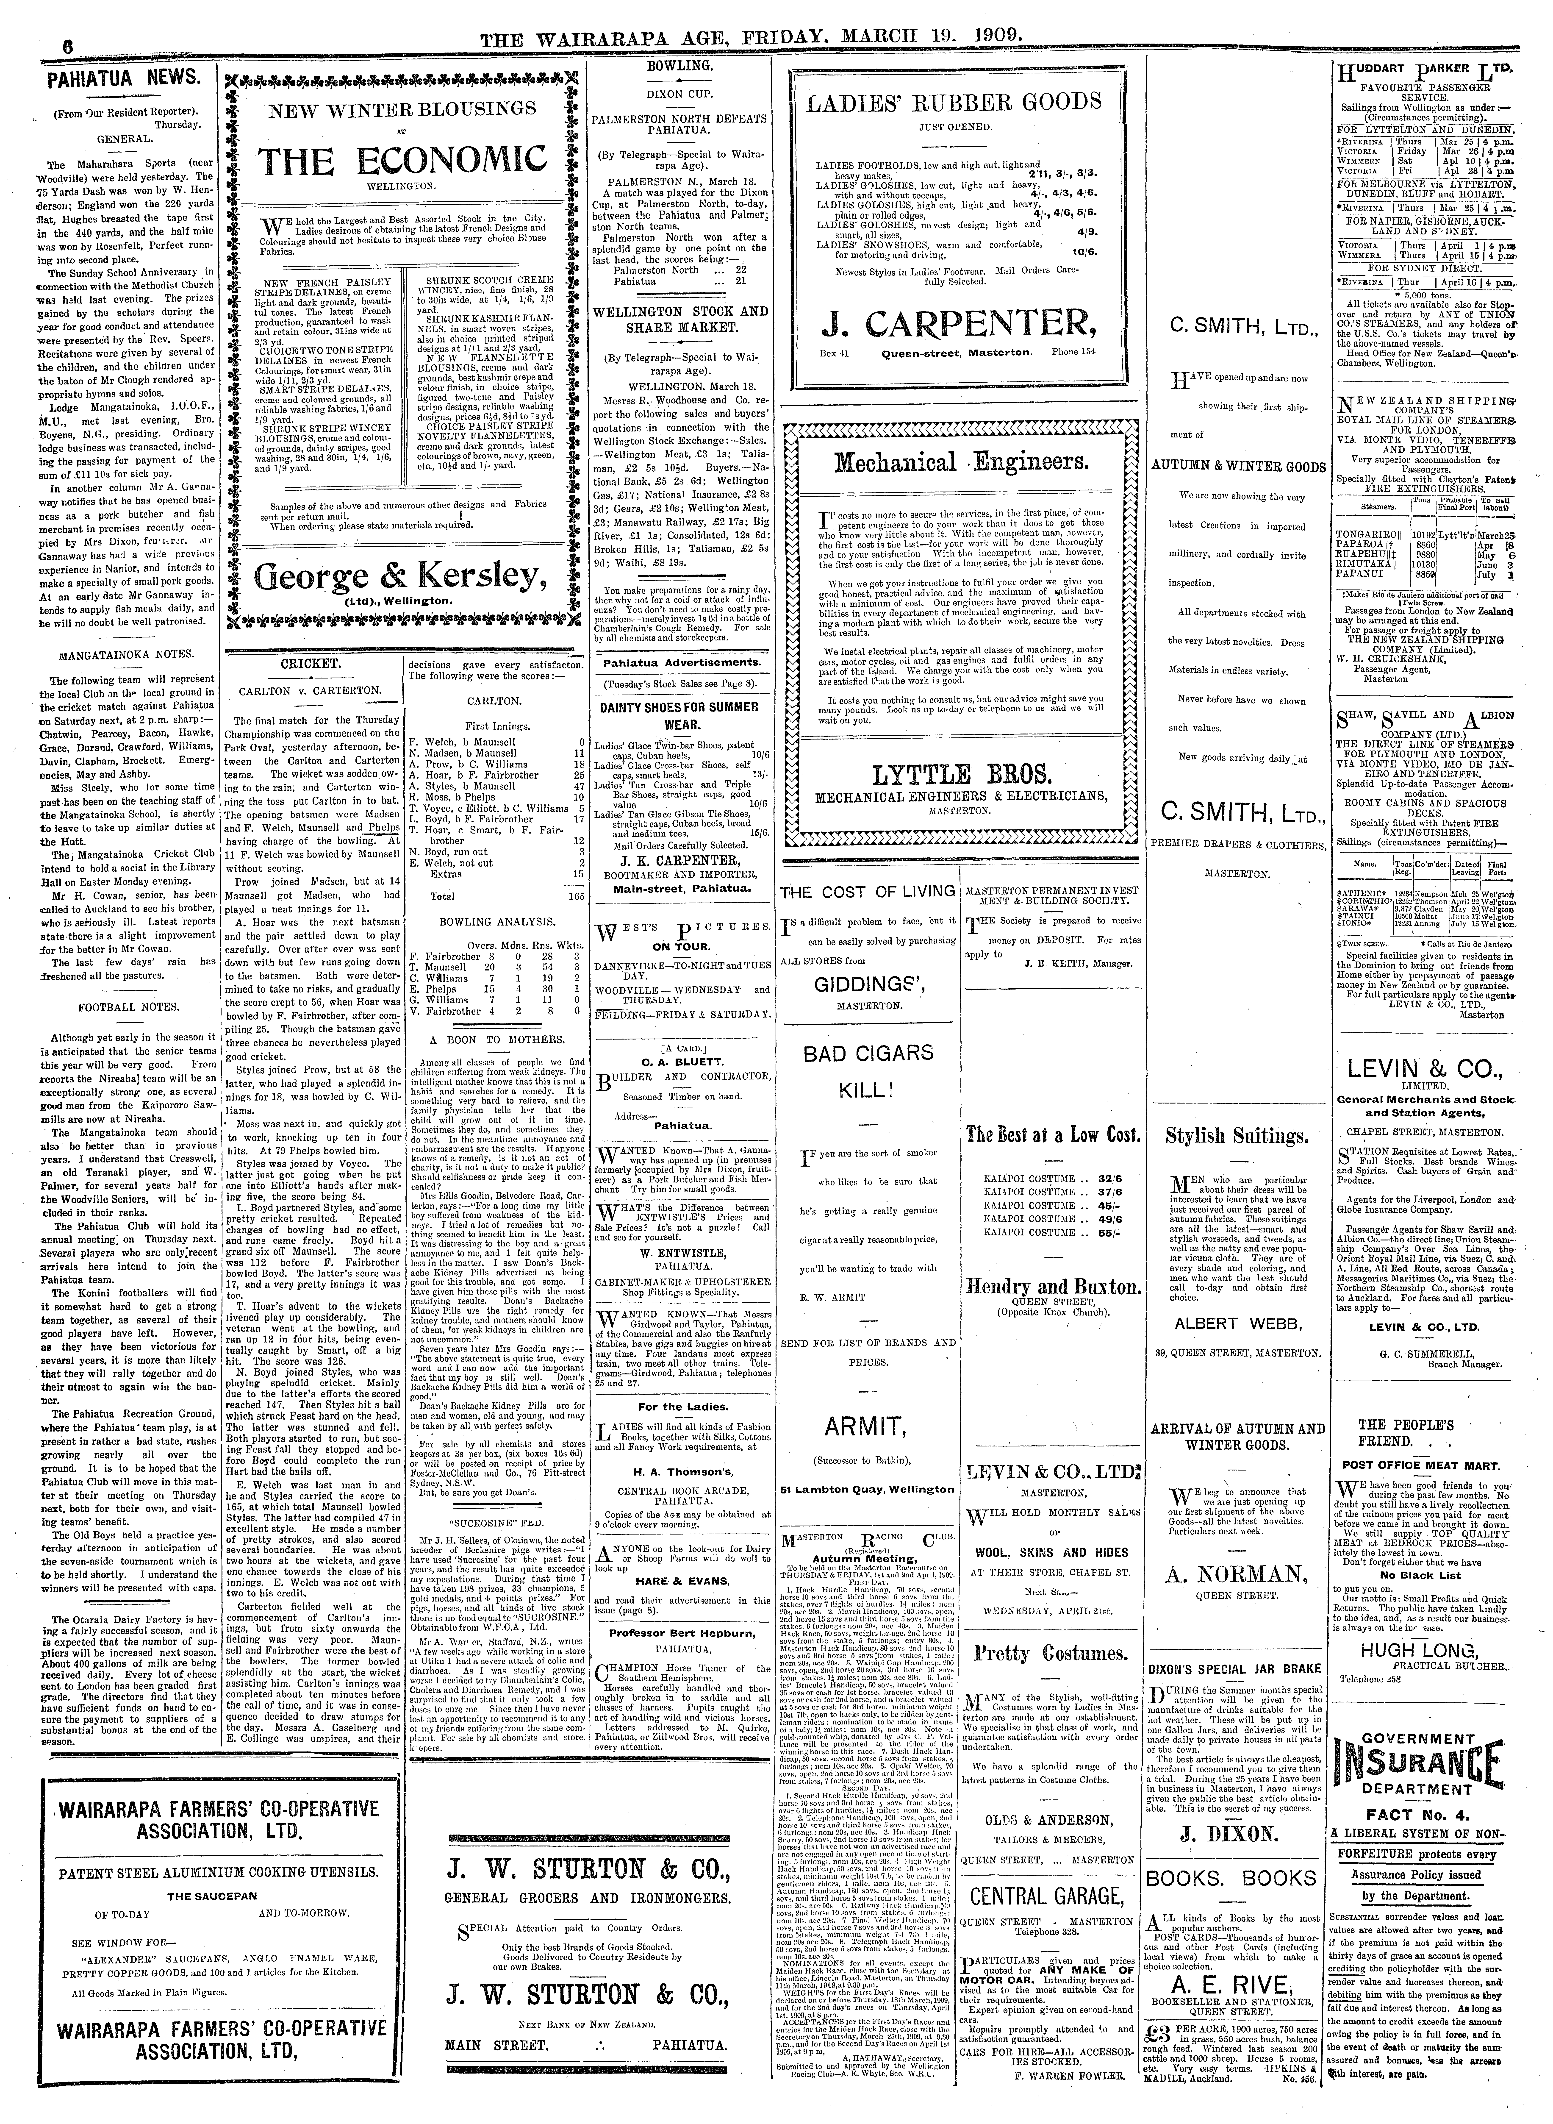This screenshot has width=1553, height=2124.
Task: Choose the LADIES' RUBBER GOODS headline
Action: (953, 102)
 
